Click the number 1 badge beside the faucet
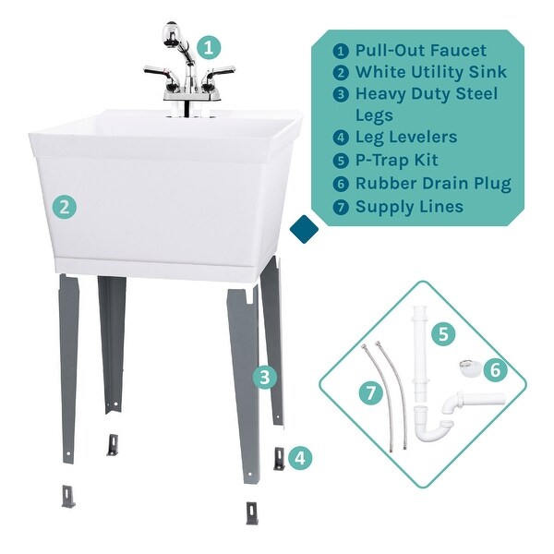pos(211,46)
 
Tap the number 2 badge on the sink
pos(64,207)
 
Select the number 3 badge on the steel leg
pos(265,377)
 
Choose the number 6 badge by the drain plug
pos(495,370)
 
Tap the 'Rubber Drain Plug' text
pos(433,184)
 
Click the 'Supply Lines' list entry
pos(409,206)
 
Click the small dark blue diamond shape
pos(303,229)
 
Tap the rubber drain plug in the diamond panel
pos(469,368)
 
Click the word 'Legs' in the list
pos(376,115)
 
